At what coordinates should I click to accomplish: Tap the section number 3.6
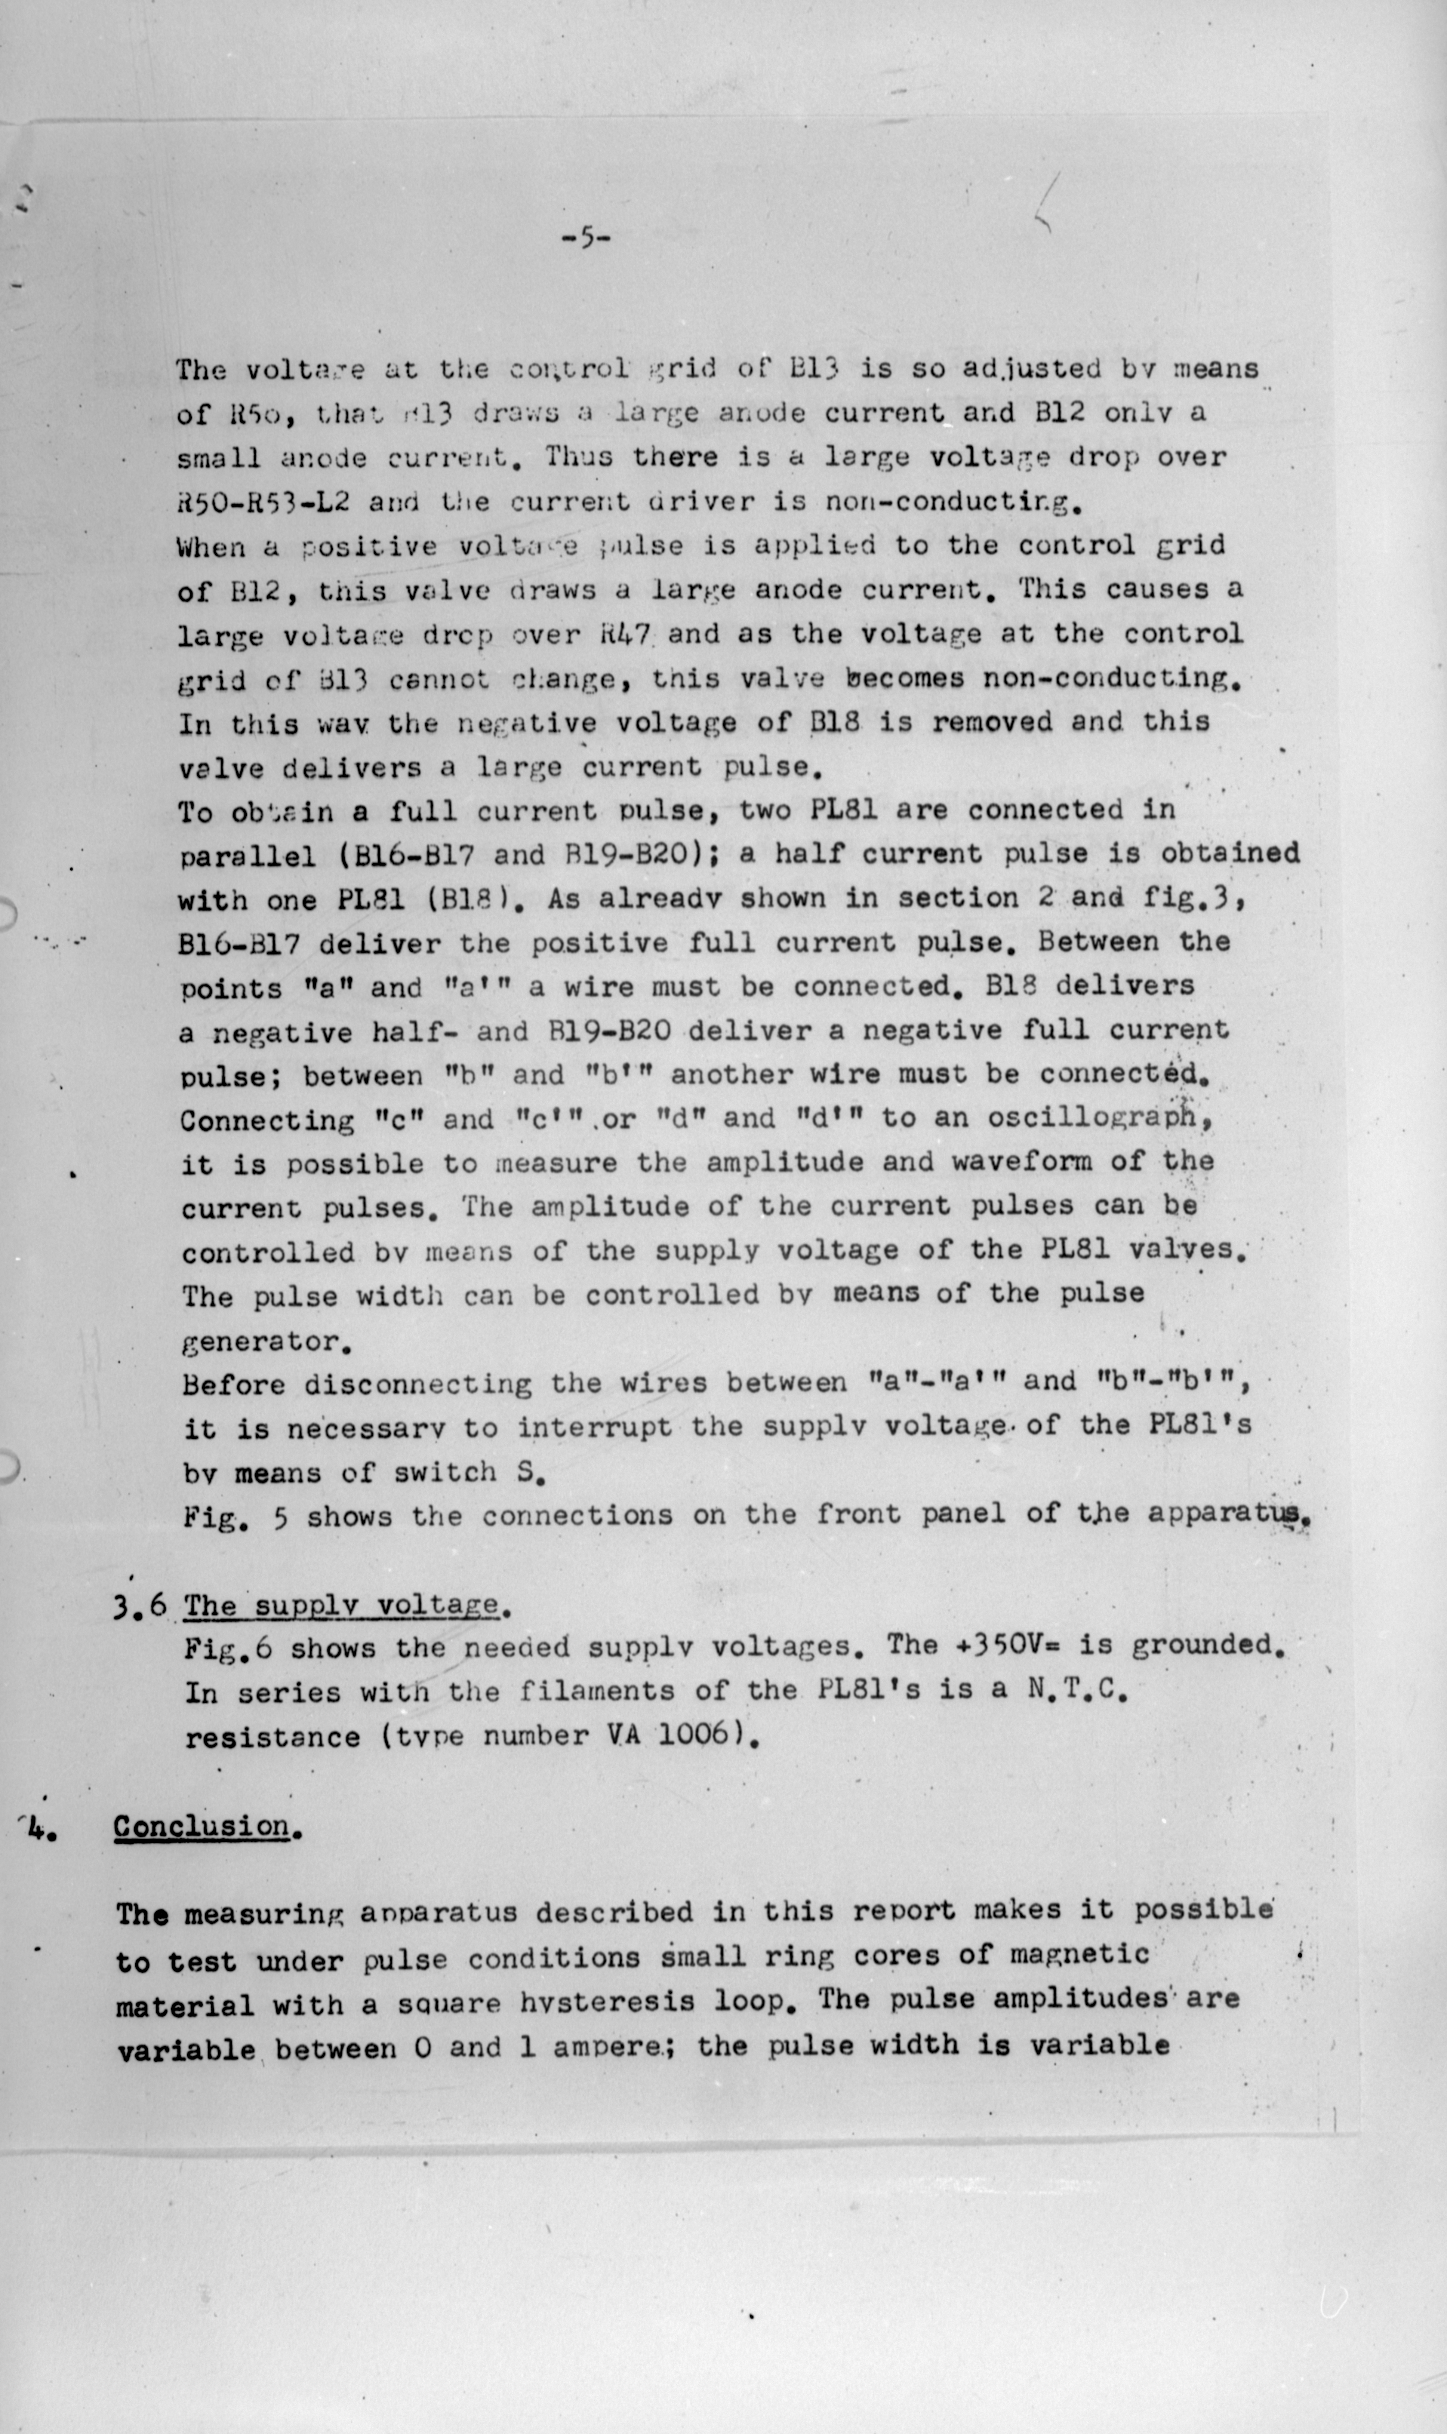139,1606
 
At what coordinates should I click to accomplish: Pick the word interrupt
594,1427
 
